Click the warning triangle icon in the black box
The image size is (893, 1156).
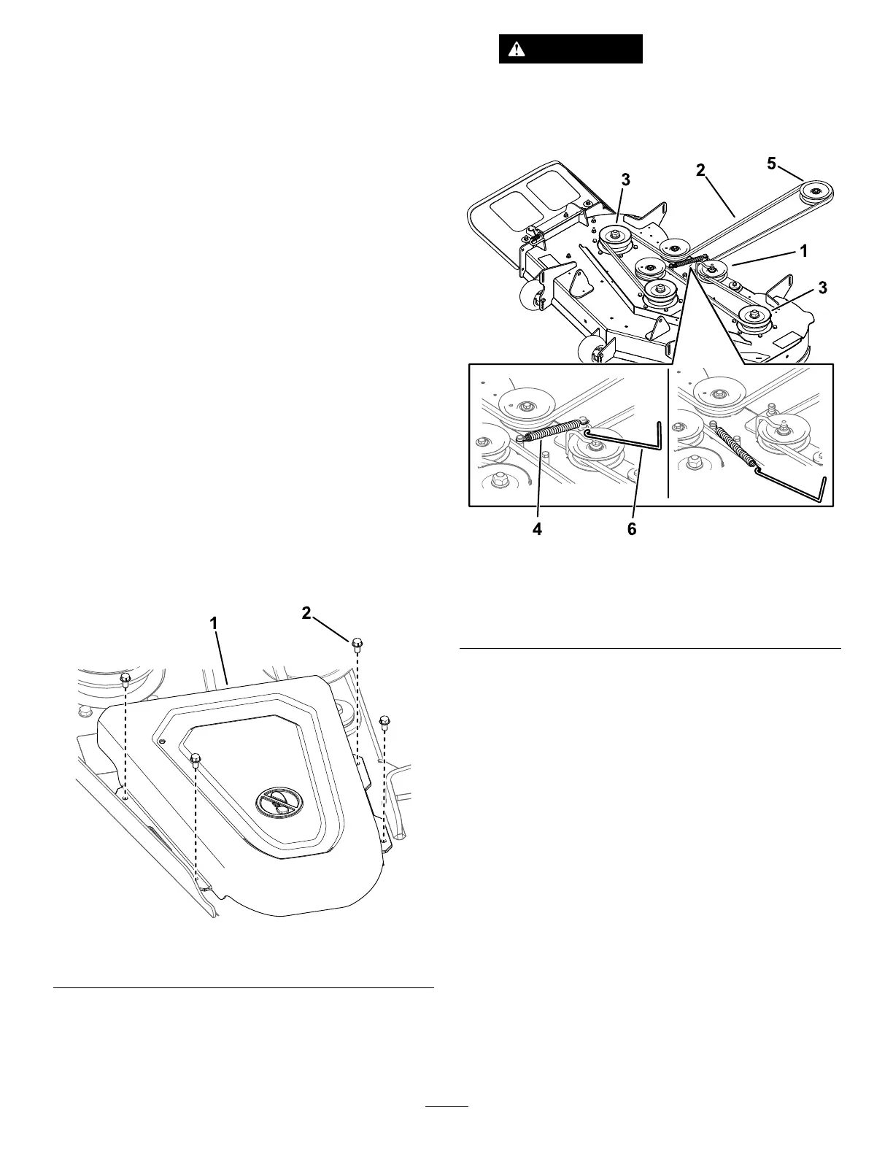pyautogui.click(x=517, y=50)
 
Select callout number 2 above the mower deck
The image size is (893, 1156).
pyautogui.click(x=700, y=171)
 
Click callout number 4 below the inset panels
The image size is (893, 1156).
pyautogui.click(x=538, y=530)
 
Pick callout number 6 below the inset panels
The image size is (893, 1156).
pyautogui.click(x=632, y=530)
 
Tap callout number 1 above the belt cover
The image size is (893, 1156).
pyautogui.click(x=214, y=624)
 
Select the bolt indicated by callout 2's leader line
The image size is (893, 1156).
pyautogui.click(x=357, y=643)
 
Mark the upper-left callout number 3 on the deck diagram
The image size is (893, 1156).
pyautogui.click(x=626, y=180)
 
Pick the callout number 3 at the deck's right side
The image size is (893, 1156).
pyautogui.click(x=823, y=288)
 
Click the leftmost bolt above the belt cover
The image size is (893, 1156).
pyautogui.click(x=125, y=679)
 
